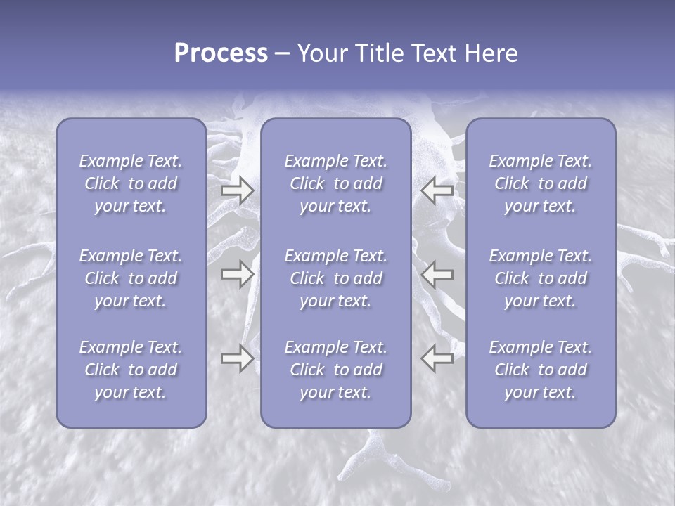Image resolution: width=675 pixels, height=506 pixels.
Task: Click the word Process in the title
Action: point(221,53)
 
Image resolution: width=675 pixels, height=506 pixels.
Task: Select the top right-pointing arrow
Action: point(238,190)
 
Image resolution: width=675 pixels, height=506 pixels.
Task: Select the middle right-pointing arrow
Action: point(238,274)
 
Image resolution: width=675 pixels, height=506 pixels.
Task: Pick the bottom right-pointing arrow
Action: point(238,358)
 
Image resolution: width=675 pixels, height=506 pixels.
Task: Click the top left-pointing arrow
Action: point(437,190)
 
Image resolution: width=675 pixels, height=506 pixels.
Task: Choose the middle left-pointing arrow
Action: point(437,274)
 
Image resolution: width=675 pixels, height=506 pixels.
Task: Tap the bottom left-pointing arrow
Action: point(437,358)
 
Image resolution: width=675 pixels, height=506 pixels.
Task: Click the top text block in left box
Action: point(131,183)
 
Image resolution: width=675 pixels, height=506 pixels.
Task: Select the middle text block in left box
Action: point(131,278)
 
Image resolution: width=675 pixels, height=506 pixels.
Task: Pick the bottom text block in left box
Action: point(131,370)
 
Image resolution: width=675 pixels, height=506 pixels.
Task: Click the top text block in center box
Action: point(336,183)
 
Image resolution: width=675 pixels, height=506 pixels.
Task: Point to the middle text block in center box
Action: point(336,278)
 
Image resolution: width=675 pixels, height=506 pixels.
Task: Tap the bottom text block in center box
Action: point(336,370)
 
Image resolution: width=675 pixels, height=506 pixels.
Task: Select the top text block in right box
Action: point(541,183)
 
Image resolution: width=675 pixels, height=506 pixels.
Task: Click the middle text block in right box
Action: point(541,278)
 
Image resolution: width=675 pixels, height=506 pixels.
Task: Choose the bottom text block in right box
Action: point(541,370)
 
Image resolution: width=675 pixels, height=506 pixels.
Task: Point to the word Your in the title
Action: point(321,53)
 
